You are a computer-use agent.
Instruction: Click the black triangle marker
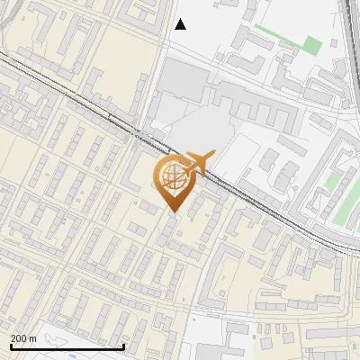coord(180,24)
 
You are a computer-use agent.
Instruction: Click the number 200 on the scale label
coord(20,338)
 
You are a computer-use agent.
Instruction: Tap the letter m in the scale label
coord(33,338)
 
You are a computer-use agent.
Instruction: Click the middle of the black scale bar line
coord(67,346)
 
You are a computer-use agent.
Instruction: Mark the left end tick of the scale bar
coord(10,345)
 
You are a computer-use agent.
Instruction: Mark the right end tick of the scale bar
coord(123,345)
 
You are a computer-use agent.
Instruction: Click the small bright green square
coord(311,43)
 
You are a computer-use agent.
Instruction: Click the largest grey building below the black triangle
coord(185,81)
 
